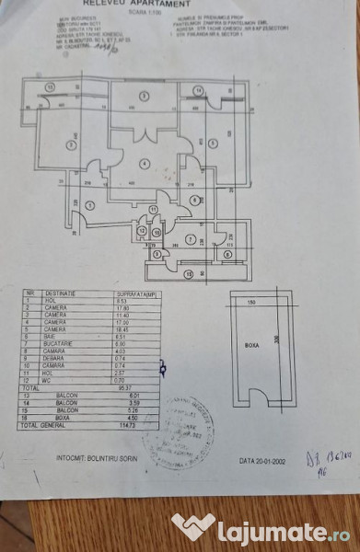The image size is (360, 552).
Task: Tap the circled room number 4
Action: coord(145,164)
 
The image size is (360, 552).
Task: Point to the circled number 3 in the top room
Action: coord(143,96)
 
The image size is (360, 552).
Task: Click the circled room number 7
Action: coord(190,239)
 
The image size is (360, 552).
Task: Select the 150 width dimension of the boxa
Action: coord(250,301)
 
